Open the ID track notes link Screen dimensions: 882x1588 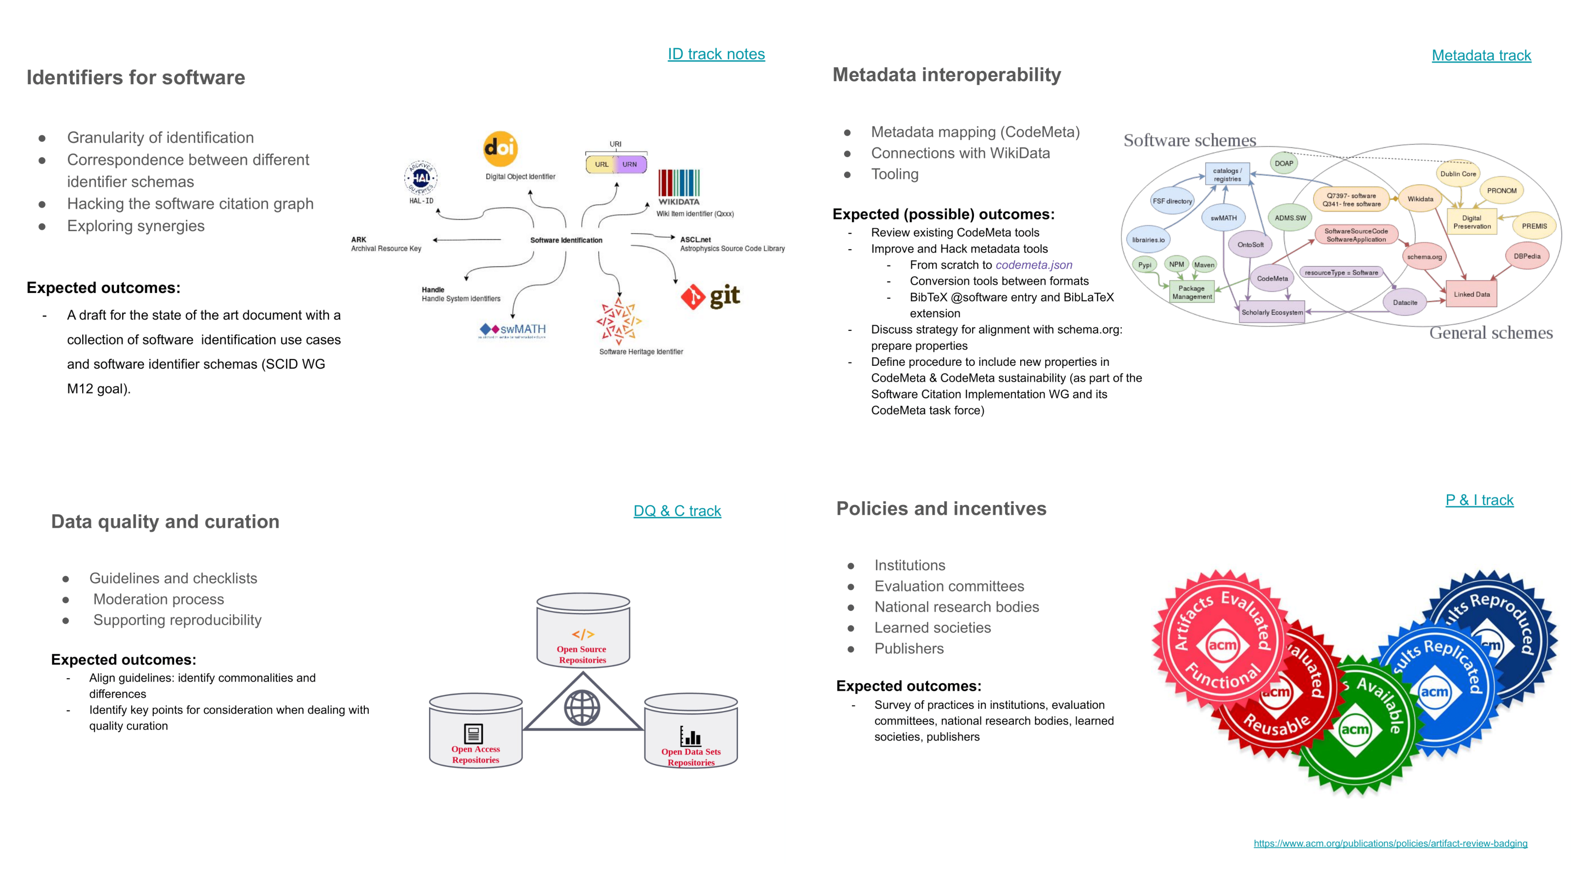(x=716, y=54)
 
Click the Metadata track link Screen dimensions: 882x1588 (x=1481, y=55)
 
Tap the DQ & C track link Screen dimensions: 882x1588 (x=677, y=511)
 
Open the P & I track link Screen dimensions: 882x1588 (x=1479, y=500)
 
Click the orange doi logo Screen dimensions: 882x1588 (x=500, y=148)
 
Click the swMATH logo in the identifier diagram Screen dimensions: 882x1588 (x=513, y=330)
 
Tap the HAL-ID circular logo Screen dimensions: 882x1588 (x=421, y=178)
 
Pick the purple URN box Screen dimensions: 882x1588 (x=630, y=164)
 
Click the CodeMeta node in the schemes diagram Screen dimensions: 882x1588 (x=1272, y=279)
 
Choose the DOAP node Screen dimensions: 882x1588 (x=1283, y=163)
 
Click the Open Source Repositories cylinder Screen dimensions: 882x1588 (x=582, y=630)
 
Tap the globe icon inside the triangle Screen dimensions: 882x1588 (x=582, y=707)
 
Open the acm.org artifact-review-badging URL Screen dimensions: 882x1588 (x=1390, y=843)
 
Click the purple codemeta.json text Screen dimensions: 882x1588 (x=1034, y=265)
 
